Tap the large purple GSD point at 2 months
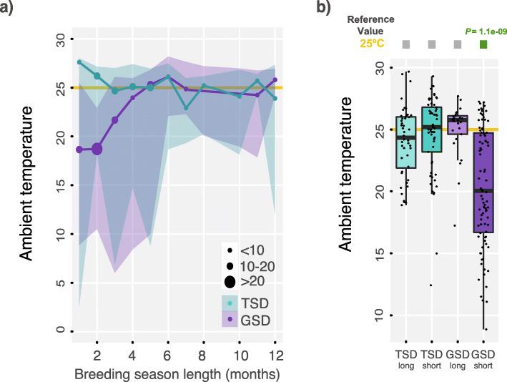pyautogui.click(x=97, y=149)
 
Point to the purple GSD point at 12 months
pyautogui.click(x=275, y=80)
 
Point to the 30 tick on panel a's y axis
pyautogui.click(x=61, y=39)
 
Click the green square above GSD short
pyautogui.click(x=483, y=45)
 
